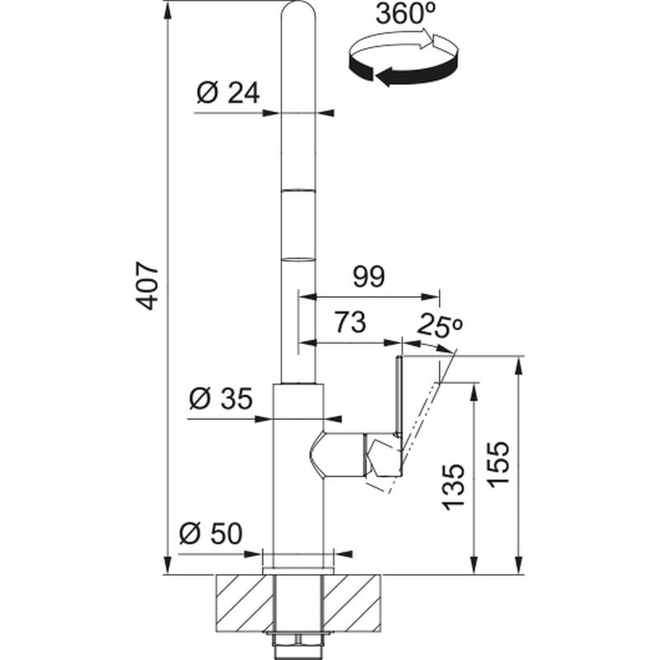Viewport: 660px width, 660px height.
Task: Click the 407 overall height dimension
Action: [148, 286]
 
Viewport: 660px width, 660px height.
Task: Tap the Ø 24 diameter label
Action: [228, 93]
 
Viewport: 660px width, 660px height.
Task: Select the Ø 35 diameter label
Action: [220, 398]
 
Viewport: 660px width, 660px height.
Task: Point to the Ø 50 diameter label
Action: [210, 534]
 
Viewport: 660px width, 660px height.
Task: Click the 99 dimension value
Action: [369, 276]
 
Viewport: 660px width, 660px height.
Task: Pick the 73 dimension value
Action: [350, 322]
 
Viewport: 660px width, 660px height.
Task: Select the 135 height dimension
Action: [455, 488]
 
